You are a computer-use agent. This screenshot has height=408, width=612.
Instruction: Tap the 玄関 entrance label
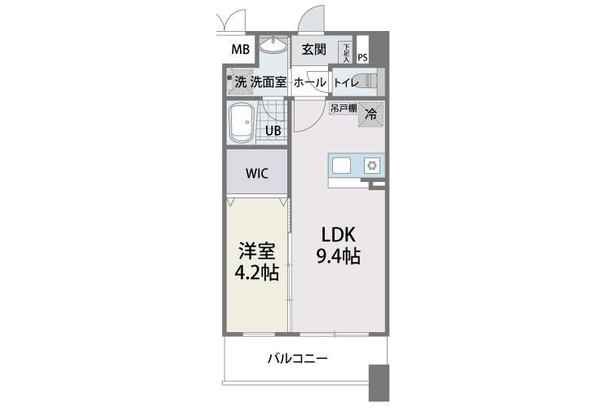point(314,50)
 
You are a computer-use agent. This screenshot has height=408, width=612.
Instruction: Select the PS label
point(362,57)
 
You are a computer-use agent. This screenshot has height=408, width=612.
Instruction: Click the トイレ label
point(344,82)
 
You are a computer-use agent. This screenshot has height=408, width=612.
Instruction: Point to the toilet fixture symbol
point(370,82)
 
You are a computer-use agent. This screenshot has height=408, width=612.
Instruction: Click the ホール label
point(310,82)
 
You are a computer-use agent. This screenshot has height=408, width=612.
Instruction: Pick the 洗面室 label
point(268,82)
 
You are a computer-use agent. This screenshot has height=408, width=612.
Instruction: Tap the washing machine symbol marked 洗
point(240,82)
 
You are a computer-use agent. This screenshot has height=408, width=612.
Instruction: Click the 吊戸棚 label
point(344,108)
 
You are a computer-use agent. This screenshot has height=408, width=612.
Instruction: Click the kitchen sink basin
point(341,166)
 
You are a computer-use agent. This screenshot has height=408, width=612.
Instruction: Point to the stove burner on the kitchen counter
point(371,166)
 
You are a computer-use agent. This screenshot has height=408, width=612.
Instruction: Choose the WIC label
point(256,173)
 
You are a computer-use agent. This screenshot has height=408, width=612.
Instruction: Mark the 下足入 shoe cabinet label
point(346,54)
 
